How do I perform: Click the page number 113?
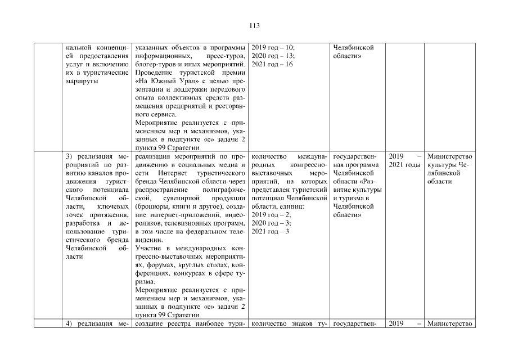pos(254,25)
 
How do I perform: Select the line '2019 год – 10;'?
pos(273,48)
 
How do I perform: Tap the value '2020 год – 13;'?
pos(273,56)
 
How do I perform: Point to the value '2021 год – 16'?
pos(272,65)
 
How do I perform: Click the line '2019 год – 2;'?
pos(271,215)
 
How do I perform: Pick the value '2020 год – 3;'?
pos(271,223)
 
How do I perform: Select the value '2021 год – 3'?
pos(270,232)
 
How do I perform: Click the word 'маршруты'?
pos(82,81)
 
